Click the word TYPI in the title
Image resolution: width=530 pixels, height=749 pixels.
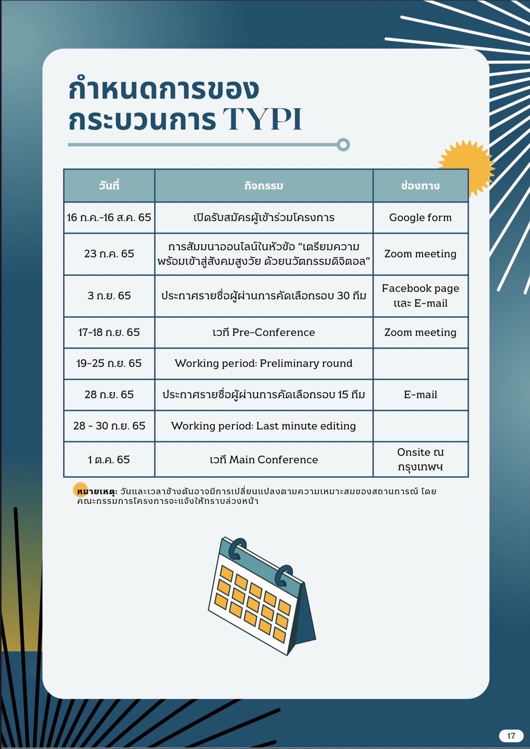point(262,119)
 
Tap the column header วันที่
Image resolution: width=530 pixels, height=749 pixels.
point(109,186)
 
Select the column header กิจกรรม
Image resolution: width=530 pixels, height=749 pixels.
point(264,186)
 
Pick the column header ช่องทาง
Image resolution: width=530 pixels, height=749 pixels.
point(420,186)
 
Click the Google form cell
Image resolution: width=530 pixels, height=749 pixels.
point(420,218)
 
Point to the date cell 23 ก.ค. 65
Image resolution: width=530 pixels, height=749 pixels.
point(109,254)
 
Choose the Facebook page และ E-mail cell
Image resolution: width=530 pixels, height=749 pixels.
point(420,296)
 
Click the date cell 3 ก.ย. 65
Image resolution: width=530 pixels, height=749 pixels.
point(109,296)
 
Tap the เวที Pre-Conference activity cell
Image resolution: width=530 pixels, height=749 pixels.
point(264,333)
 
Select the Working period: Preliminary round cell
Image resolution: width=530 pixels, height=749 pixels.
point(264,364)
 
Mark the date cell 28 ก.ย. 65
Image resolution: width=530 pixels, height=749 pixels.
point(109,395)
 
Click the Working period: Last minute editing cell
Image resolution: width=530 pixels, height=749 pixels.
point(264,426)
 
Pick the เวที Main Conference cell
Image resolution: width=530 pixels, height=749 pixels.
point(264,460)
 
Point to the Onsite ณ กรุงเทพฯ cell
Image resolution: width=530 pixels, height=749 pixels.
point(420,459)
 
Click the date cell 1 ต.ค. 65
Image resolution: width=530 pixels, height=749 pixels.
point(109,460)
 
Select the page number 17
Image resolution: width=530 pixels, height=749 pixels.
point(511,736)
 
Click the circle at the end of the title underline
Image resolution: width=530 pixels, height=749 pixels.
point(343,145)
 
